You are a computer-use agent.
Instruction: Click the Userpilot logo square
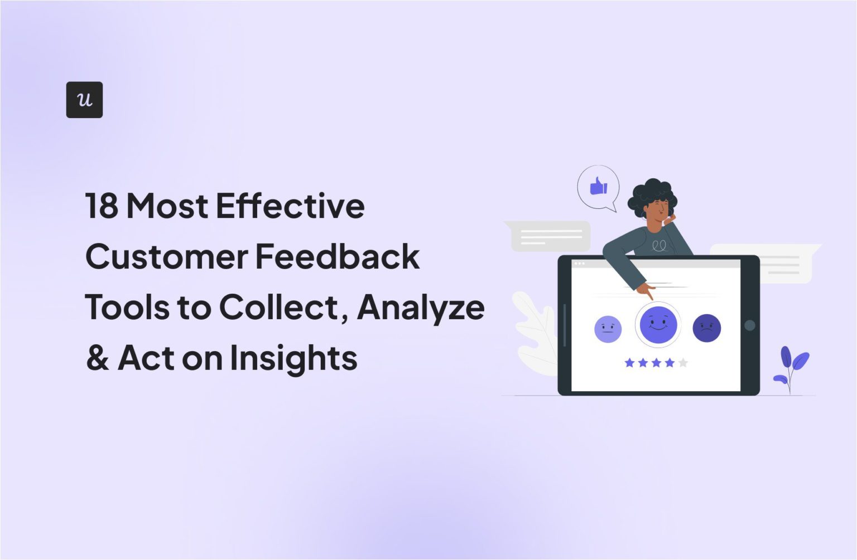[x=84, y=100]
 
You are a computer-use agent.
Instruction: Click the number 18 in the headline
[x=102, y=206]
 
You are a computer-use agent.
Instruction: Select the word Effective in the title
[x=290, y=206]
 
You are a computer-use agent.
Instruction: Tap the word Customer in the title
[x=166, y=256]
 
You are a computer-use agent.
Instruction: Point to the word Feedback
[x=338, y=256]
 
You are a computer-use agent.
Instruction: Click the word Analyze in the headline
[x=421, y=308]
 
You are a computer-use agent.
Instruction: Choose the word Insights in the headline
[x=293, y=358]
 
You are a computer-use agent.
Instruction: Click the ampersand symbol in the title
[x=97, y=358]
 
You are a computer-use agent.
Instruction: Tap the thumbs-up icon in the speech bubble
[x=598, y=186]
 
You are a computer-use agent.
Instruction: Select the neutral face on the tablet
[x=608, y=329]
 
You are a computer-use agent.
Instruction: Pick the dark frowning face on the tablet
[x=706, y=328]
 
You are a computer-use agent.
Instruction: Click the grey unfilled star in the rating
[x=683, y=363]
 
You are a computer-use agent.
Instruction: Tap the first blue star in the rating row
[x=630, y=363]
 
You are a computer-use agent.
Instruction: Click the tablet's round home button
[x=749, y=325]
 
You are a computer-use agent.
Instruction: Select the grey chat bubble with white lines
[x=550, y=236]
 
